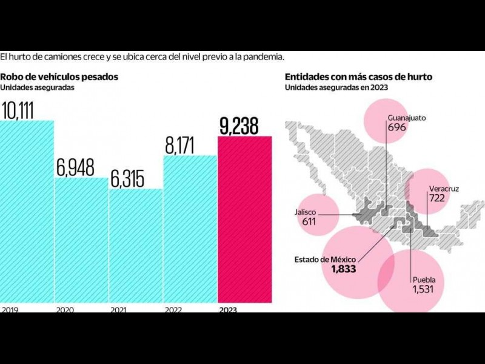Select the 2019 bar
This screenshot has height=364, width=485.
[x=27, y=212]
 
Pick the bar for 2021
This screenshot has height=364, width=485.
[x=136, y=246]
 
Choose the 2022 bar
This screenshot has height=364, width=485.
[x=190, y=229]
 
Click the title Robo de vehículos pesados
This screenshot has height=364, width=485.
[x=59, y=77]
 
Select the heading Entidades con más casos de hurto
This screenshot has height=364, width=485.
[x=363, y=77]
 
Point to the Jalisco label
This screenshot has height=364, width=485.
[x=307, y=212]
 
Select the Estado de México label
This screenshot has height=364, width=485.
[x=325, y=260]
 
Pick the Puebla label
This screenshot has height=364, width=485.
[x=424, y=280]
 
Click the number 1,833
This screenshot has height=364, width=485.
[x=343, y=269]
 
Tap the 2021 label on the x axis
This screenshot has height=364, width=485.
[x=118, y=309]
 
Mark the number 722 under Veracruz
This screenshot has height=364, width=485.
[x=436, y=198]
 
